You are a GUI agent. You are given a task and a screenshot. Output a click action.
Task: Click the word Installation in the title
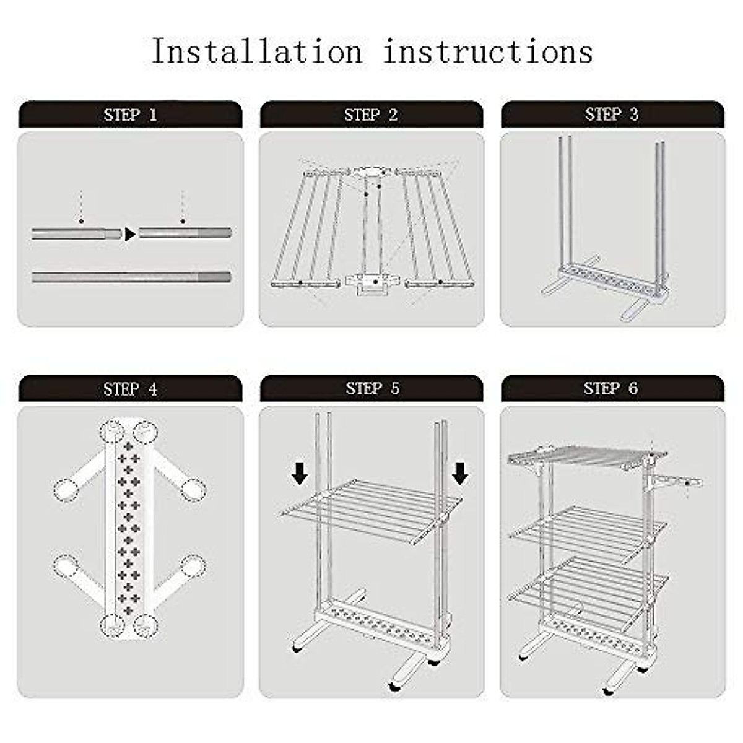coord(258,51)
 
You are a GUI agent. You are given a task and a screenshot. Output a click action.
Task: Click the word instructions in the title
coord(488,51)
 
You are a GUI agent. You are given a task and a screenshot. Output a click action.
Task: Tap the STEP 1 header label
coord(130,115)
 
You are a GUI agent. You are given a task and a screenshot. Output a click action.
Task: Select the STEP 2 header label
coord(371,115)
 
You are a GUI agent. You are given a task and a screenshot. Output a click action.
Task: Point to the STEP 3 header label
coord(612,114)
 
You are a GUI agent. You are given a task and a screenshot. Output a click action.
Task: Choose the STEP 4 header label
coord(130,389)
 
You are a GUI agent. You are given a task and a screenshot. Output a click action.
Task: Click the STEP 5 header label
coord(372,388)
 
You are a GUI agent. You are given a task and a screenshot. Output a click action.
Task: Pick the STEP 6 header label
coord(610,388)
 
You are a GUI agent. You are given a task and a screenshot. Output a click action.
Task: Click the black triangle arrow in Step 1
coord(130,234)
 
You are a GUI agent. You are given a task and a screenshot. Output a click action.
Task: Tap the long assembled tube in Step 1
coord(131,277)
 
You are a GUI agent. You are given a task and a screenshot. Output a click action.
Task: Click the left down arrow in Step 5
coord(300,473)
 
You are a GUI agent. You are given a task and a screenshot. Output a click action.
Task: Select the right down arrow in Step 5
coord(459,473)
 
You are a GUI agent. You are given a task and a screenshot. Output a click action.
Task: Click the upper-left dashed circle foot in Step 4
coord(66,490)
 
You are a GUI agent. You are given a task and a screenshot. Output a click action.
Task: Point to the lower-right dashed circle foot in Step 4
coord(193,567)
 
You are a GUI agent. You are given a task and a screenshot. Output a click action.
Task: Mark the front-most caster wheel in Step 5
coord(394,685)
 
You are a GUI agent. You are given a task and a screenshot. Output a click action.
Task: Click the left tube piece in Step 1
coord(76,234)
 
